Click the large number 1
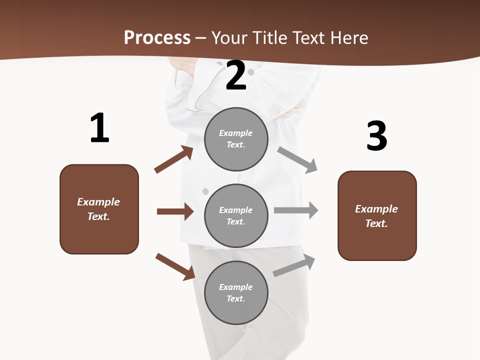click(99, 128)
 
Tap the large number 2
click(236, 76)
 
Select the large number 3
click(376, 136)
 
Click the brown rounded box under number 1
click(99, 209)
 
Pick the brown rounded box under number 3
click(377, 216)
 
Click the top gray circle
click(236, 139)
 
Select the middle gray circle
click(236, 215)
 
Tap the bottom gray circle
click(236, 292)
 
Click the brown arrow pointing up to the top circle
click(174, 159)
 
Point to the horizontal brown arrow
click(175, 211)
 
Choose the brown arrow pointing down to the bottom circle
click(175, 266)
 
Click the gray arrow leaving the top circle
click(297, 160)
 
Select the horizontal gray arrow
click(296, 210)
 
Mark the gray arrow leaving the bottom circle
click(294, 266)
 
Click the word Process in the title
click(157, 38)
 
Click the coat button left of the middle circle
click(205, 191)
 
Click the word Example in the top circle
click(235, 133)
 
